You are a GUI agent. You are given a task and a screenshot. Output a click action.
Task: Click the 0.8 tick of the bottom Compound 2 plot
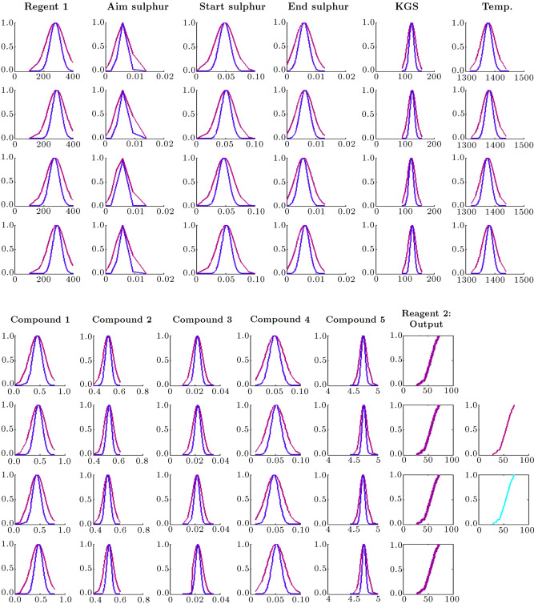143,597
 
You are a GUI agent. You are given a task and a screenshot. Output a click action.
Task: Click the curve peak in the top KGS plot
411,23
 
